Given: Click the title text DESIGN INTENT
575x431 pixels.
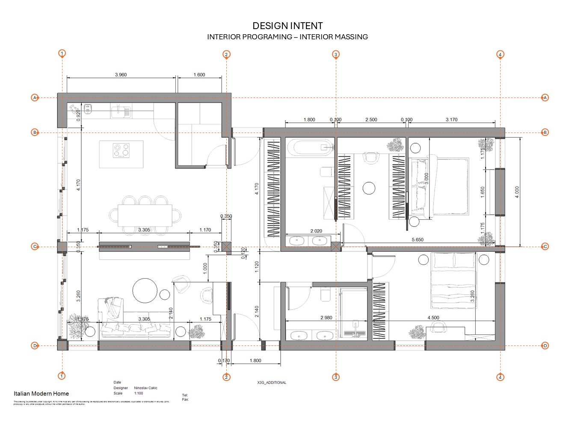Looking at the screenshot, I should coord(287,26).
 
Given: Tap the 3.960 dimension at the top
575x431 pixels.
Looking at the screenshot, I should coord(121,75).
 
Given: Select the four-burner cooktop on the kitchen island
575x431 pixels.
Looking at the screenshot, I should coord(121,151).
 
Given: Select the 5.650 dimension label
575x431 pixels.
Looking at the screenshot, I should coord(417,240).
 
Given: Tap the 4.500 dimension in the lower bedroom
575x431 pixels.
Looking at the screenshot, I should coord(433,318).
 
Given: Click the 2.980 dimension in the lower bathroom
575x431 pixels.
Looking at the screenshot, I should coord(326,318).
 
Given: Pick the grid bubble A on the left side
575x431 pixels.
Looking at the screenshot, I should coord(35,98).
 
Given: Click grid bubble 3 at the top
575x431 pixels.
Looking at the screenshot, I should coord(336,54).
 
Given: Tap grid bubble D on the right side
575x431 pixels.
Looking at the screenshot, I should coord(545,346).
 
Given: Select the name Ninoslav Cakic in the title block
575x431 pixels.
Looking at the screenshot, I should coord(145,388).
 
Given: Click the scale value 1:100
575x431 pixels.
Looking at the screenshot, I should coord(139,393).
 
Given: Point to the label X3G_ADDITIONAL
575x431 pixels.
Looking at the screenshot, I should coord(272,383).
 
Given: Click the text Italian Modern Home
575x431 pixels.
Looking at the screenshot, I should coord(41,394).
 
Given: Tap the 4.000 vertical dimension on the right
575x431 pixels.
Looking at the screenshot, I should coord(517,192).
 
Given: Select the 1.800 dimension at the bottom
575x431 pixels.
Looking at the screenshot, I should coord(255,361).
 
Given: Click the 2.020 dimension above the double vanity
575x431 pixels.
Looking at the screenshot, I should coord(316,231).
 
